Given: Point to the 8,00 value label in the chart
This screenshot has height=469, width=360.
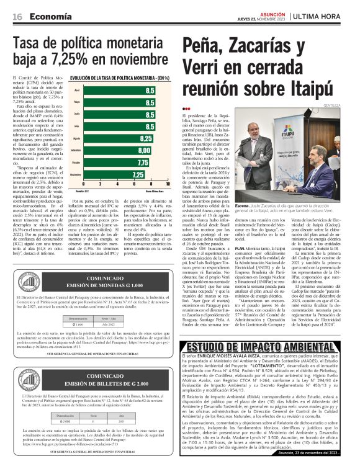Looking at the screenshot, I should click(x=144, y=150).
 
